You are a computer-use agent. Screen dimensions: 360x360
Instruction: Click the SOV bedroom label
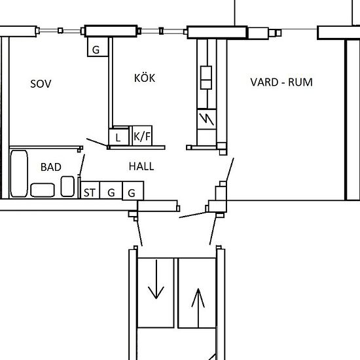coord(41,84)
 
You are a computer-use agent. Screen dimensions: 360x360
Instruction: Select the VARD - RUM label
coord(281,82)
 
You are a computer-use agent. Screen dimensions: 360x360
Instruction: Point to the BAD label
coord(50,167)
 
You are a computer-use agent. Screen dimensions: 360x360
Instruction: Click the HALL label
coord(141,166)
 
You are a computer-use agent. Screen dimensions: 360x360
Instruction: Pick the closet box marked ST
coord(89,192)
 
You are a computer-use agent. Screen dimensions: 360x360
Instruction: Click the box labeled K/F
coord(141,137)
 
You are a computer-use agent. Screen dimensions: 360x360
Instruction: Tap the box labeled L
coord(118,137)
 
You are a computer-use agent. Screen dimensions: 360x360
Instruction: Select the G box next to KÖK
coord(96,50)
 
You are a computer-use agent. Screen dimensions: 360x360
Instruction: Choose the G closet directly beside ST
coord(111,192)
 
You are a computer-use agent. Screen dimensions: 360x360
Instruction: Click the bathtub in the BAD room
coord(19,174)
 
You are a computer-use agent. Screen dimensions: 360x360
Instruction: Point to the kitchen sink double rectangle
coord(206,77)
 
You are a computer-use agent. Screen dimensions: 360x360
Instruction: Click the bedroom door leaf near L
coord(98,143)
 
